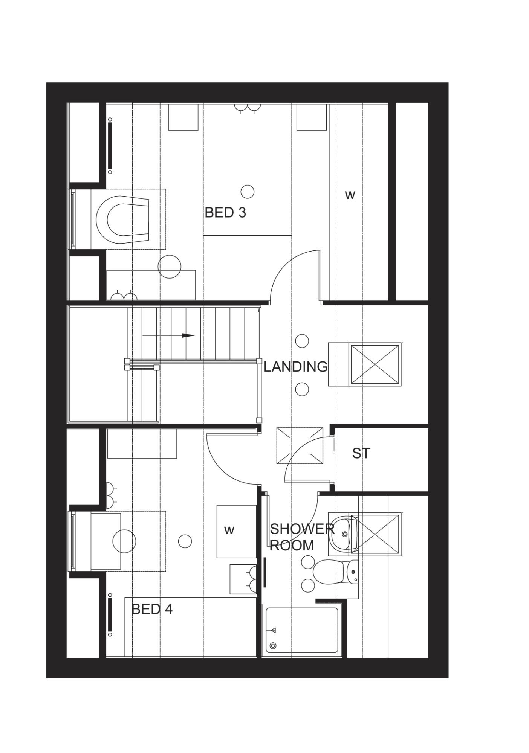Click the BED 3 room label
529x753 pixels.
[x=225, y=213]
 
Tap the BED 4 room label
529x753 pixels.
[x=152, y=609]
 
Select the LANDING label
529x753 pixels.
[x=295, y=366]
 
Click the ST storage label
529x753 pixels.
[x=361, y=453]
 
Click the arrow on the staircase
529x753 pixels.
[x=168, y=335]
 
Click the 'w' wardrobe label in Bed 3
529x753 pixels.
[x=350, y=195]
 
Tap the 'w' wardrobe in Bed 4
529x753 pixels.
[x=236, y=531]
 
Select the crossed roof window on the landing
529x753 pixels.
[x=375, y=364]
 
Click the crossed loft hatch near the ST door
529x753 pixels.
[x=300, y=446]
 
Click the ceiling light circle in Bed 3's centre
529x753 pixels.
[x=248, y=192]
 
